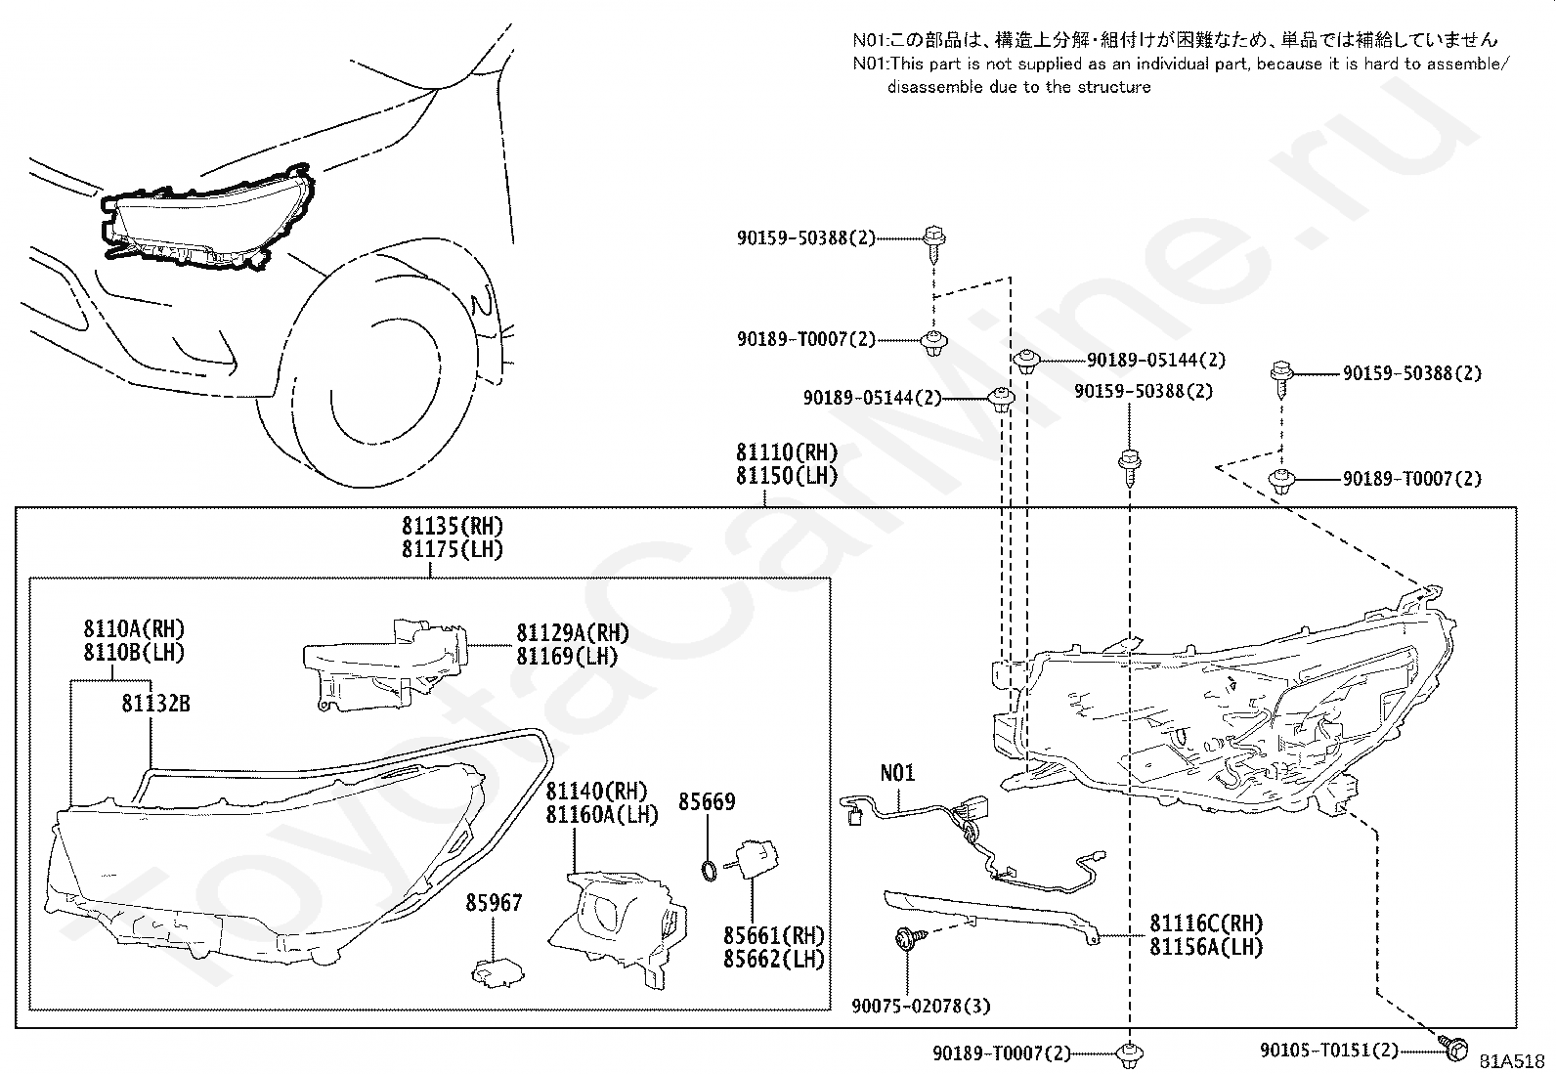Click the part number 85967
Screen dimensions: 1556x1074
pos(494,902)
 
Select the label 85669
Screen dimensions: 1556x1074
pos(707,801)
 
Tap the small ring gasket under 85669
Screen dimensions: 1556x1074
pos(709,871)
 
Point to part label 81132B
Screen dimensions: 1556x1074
pos(155,704)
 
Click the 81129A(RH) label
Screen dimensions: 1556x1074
pos(573,633)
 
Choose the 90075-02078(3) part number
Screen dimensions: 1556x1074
pos(921,1006)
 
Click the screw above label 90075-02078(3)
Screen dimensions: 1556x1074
pos(910,938)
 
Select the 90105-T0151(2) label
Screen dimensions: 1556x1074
pos(1329,1049)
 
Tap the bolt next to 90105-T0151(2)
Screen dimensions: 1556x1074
pos(1453,1049)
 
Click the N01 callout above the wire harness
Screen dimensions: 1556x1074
pos(897,772)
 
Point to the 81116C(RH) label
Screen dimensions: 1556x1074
pos(1206,924)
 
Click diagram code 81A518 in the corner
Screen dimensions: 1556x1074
pos(1512,1061)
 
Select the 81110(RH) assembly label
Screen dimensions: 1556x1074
pos(787,452)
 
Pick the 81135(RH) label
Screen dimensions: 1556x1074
pos(453,526)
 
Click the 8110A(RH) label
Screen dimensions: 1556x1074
pos(134,628)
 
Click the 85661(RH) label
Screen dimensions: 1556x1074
pos(774,936)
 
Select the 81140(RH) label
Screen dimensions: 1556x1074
pos(597,791)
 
